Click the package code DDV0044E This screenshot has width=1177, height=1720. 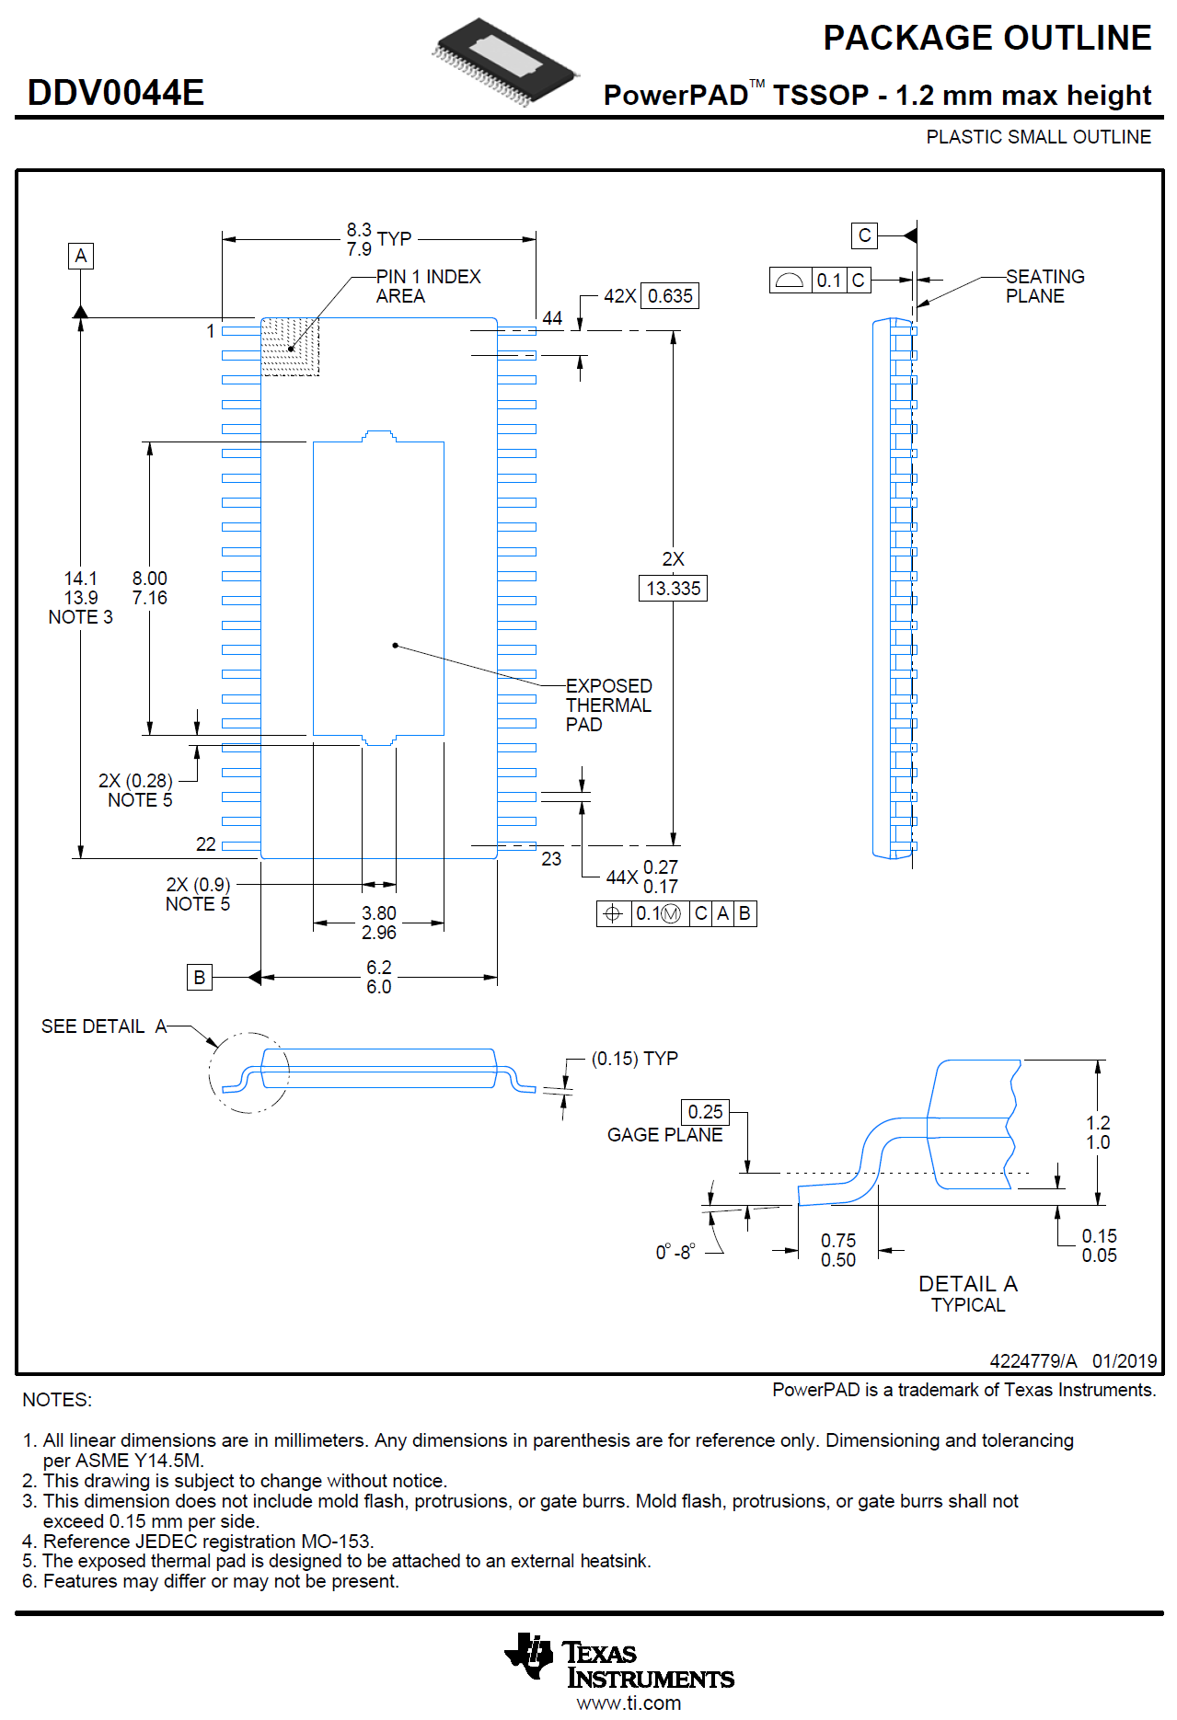pyautogui.click(x=116, y=93)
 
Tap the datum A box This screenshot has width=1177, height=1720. pyautogui.click(x=81, y=256)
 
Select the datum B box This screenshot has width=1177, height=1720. pyautogui.click(x=199, y=977)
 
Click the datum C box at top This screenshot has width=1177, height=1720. pyautogui.click(x=864, y=235)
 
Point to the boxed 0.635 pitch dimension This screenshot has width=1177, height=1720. pyautogui.click(x=669, y=296)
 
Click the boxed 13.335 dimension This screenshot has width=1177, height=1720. pyautogui.click(x=673, y=589)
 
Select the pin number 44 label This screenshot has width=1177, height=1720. pyautogui.click(x=552, y=318)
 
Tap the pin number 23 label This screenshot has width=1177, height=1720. pyautogui.click(x=551, y=859)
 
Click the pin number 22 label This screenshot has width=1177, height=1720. pyautogui.click(x=206, y=844)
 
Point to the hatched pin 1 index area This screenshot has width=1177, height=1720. pyautogui.click(x=290, y=347)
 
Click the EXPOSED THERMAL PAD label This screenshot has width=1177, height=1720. pyautogui.click(x=608, y=705)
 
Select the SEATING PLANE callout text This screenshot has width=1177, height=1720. pyautogui.click(x=1044, y=286)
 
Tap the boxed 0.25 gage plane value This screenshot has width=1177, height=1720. pyautogui.click(x=705, y=1112)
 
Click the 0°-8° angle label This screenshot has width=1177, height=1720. pyautogui.click(x=675, y=1253)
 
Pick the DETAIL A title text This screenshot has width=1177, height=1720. pyautogui.click(x=967, y=1284)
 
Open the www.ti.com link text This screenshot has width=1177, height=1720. pyautogui.click(x=629, y=1703)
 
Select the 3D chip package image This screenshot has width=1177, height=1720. pyautogui.click(x=505, y=61)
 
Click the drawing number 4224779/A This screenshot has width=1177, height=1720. pyautogui.click(x=1033, y=1361)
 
